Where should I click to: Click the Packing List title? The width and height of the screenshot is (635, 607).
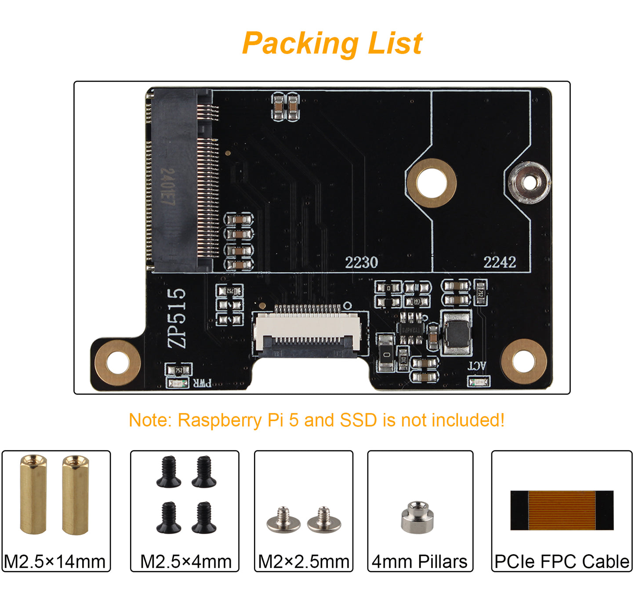point(332,44)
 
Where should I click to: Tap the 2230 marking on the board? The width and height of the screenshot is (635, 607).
point(361,262)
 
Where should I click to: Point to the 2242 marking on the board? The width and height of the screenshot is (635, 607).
point(500,262)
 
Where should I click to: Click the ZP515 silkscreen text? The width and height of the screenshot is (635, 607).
point(177,318)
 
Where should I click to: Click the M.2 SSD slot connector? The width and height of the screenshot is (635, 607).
point(182,180)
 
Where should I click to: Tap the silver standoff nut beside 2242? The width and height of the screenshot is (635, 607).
point(529,182)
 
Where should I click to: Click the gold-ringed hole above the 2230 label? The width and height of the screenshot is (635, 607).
point(432,183)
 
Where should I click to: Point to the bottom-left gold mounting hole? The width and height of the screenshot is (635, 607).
point(117,363)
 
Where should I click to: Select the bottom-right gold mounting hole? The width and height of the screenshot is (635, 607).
point(523,361)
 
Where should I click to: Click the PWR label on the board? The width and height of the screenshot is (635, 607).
point(202,383)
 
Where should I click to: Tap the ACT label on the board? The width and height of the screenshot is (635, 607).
point(477,366)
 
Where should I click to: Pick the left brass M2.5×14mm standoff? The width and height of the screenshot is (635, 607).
point(33,494)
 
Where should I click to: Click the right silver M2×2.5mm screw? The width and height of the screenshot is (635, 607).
point(324,520)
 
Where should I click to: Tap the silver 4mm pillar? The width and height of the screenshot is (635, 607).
point(417,517)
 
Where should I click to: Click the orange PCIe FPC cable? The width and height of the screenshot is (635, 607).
point(562,510)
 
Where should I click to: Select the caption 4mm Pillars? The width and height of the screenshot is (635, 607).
point(420,562)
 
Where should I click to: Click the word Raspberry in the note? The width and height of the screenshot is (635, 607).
point(220,420)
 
